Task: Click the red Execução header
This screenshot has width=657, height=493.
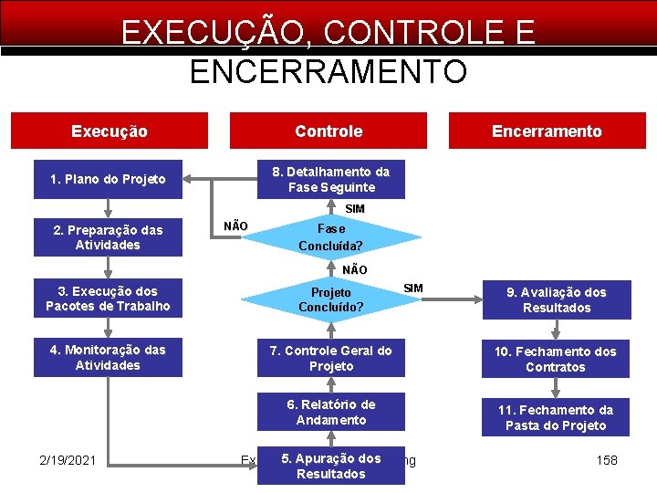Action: point(109,131)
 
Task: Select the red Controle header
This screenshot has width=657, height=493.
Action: point(328,131)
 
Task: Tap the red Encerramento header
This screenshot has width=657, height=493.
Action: point(547,131)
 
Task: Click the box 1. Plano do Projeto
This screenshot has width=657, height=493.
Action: point(108,179)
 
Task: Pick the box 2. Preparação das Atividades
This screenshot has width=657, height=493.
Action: point(108,237)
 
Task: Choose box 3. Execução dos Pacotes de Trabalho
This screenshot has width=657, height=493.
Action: point(108,299)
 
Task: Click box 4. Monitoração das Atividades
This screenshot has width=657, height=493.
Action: point(108,357)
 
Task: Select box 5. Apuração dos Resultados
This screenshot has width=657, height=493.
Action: point(330,466)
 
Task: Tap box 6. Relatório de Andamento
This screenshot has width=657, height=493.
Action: point(330,412)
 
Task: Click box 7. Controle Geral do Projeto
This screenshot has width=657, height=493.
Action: point(330,358)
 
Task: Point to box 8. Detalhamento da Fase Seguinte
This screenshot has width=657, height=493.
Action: point(330,179)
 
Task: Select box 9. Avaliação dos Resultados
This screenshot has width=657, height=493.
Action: point(557,299)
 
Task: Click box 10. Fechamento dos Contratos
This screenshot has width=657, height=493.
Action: point(556,359)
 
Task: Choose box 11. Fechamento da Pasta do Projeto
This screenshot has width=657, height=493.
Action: point(556,417)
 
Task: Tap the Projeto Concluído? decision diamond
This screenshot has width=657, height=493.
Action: point(330,299)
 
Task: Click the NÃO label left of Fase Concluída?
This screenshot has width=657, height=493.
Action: point(235,226)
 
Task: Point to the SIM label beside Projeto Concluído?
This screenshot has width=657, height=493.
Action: point(413,288)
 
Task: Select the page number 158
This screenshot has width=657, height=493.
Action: point(607,460)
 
